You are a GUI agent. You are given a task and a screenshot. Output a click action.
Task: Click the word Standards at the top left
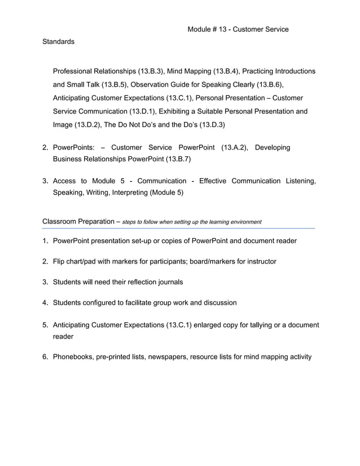(58, 42)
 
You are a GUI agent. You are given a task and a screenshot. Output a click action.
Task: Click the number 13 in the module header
(225, 29)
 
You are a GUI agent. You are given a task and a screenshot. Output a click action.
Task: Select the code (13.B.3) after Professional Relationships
(151, 72)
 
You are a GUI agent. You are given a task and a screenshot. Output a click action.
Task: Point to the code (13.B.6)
(269, 85)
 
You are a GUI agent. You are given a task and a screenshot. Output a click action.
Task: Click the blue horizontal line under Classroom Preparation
(178, 228)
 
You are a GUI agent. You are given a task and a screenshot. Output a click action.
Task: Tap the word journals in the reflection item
(169, 282)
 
